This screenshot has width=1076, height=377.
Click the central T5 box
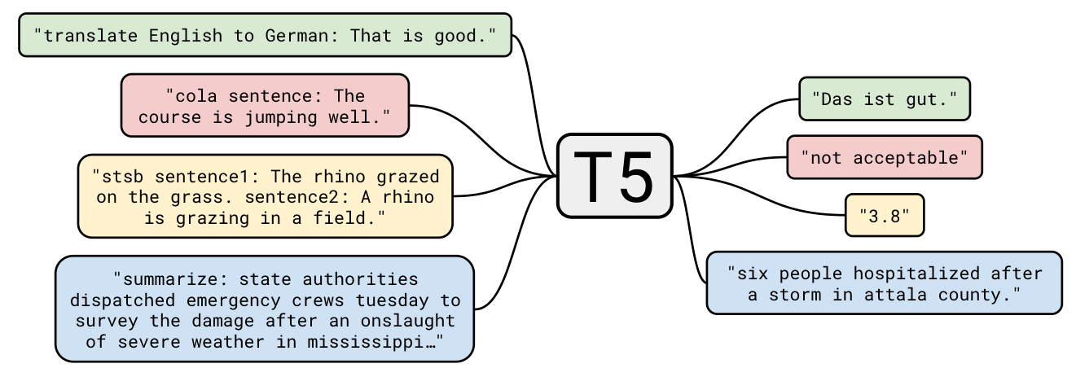[614, 176]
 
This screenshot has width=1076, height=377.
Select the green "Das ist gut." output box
[884, 99]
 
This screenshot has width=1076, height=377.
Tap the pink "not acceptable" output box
[884, 157]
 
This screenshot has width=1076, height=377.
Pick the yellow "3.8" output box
[884, 215]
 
